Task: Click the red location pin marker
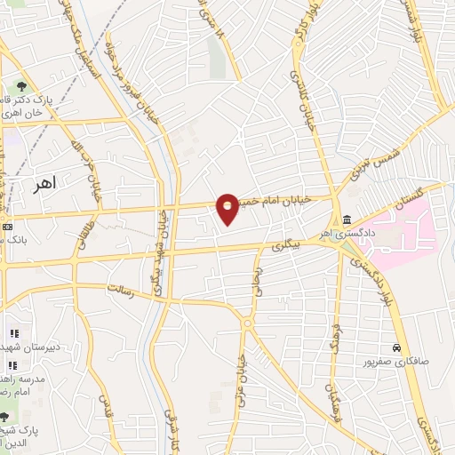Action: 227,208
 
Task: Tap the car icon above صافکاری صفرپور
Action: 395,347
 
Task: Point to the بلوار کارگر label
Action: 306,27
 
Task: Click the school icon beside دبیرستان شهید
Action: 12,333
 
